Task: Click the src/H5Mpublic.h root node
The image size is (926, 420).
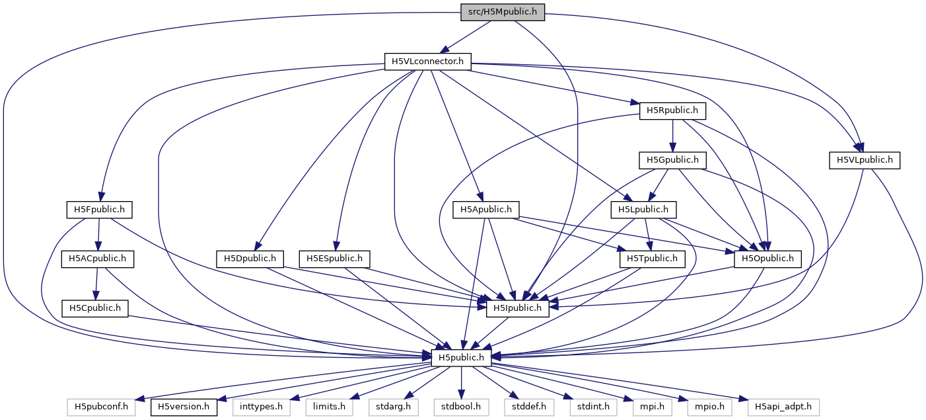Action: pos(503,12)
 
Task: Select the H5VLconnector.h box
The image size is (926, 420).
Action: pos(428,62)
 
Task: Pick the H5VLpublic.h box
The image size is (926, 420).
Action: pos(865,159)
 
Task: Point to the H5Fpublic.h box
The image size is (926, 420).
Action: pos(100,210)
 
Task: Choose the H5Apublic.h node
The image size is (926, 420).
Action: pos(485,210)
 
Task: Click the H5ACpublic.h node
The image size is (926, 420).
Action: pos(98,259)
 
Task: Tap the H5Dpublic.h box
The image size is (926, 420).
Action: pos(250,259)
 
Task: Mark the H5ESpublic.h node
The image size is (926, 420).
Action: pos(335,259)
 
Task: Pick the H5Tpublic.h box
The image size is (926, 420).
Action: pos(652,259)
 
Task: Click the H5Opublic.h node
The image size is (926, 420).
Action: pos(767,259)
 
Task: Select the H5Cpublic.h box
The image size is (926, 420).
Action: pos(95,308)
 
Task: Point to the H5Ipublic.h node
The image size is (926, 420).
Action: pos(518,308)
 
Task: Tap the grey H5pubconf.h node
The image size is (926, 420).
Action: pos(100,405)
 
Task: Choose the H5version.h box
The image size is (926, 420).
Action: pos(184,405)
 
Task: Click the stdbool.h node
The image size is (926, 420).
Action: pos(460,405)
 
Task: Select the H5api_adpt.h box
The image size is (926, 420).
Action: pos(783,405)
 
